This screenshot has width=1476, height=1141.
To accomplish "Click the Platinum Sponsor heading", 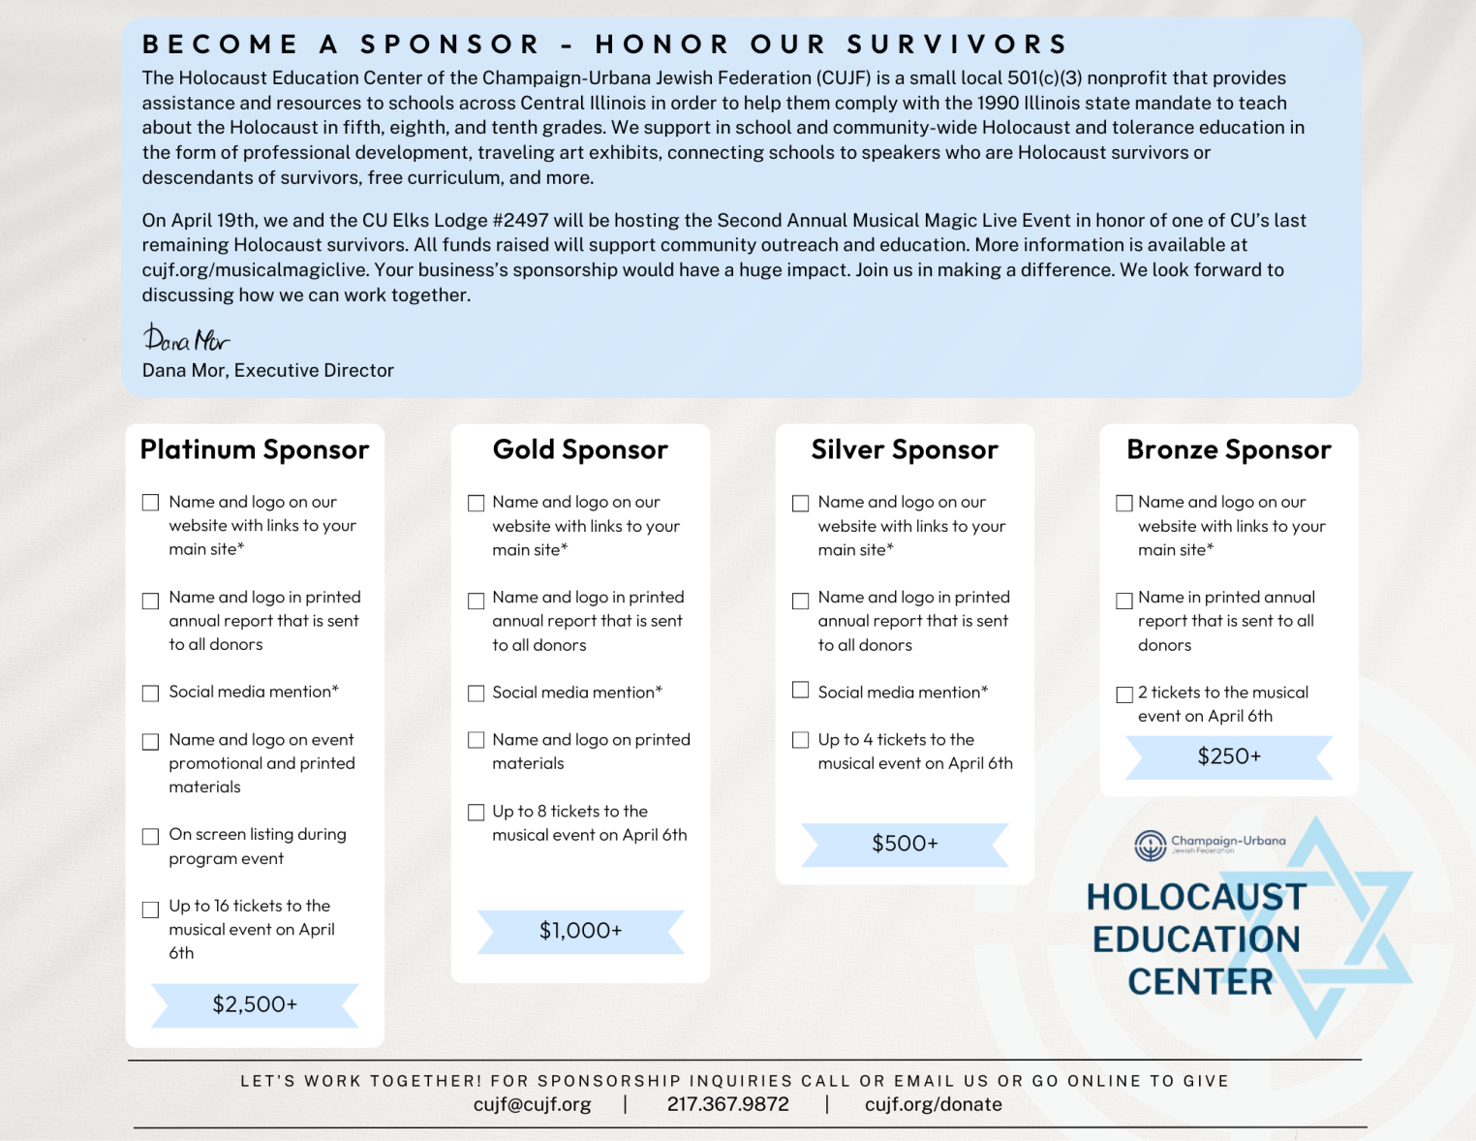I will pos(255,449).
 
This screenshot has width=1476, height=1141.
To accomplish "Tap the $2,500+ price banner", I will pos(255,1004).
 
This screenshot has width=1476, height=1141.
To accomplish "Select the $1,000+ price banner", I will pos(580,931).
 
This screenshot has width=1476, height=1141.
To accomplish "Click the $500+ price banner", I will pos(905,844).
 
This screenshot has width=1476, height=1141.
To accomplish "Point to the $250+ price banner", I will pos(1229,756).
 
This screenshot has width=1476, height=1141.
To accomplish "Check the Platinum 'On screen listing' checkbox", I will pos(150,836).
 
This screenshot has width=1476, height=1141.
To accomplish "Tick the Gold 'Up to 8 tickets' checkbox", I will pos(476,812).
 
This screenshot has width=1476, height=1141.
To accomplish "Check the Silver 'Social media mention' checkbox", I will pos(800,690).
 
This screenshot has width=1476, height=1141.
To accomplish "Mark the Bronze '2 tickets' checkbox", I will pos(1124,694).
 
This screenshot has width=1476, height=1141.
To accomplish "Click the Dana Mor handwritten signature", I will pos(186,338).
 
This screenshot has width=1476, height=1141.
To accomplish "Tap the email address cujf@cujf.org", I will pos(532,1104).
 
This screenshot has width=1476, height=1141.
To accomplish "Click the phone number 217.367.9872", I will pos(727,1104).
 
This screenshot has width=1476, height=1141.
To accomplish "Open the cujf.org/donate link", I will pos(933,1104).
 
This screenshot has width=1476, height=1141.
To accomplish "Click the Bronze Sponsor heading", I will pos(1228,449).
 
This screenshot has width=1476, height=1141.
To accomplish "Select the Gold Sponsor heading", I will pos(580,449).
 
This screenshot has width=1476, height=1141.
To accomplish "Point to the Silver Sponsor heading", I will pos(905,449).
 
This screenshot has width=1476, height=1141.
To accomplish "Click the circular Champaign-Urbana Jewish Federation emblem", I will pos(1151,845).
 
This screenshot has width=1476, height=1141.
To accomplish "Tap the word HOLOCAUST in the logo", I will pos(1196,897).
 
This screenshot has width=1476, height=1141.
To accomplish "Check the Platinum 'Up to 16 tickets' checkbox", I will pos(150,910).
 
